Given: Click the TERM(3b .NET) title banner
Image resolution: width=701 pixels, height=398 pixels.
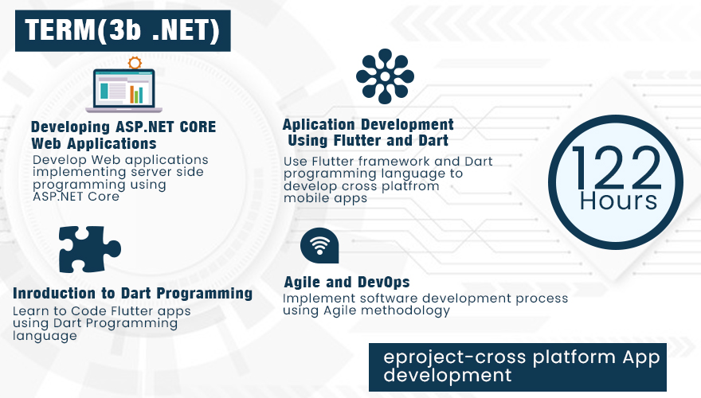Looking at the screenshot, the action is [x=123, y=31].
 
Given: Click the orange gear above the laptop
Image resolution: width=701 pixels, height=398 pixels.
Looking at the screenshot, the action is [x=135, y=63].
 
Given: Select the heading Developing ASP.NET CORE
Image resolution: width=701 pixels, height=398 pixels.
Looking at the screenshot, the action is [x=123, y=127].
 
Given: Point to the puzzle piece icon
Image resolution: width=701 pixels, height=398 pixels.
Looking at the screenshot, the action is [x=89, y=249].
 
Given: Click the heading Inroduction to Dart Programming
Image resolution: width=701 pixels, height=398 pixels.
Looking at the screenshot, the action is [x=133, y=294].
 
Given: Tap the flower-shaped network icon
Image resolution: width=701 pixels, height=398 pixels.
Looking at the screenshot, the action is [x=385, y=76].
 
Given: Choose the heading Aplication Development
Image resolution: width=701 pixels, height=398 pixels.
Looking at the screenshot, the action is [x=368, y=124].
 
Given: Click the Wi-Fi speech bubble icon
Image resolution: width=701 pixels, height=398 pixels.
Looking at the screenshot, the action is [x=319, y=245].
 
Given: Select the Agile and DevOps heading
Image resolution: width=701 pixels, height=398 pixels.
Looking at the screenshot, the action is [x=347, y=283].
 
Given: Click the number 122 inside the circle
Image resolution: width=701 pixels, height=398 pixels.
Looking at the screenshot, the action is [x=616, y=168].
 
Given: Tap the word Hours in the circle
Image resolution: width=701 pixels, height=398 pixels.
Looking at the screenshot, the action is [x=618, y=201].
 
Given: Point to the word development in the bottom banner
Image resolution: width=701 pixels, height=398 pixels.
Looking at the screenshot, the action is [x=448, y=376].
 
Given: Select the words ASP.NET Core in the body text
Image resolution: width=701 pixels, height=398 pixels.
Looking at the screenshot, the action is [x=76, y=197].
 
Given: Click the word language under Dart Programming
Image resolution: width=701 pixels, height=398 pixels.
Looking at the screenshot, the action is [x=45, y=336].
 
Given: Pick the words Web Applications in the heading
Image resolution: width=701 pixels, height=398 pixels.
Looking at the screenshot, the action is [x=94, y=144].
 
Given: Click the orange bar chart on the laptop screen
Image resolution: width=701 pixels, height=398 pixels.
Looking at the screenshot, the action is [x=136, y=94].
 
